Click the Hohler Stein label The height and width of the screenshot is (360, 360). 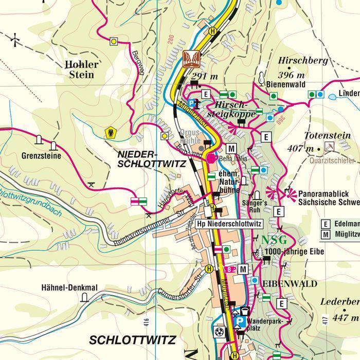click(x=81, y=69)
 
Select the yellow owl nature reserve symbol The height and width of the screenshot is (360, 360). click(x=109, y=133)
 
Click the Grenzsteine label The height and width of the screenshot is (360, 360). click(x=41, y=155)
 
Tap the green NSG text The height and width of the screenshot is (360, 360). click(x=274, y=240)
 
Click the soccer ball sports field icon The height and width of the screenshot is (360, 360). click(x=220, y=331)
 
